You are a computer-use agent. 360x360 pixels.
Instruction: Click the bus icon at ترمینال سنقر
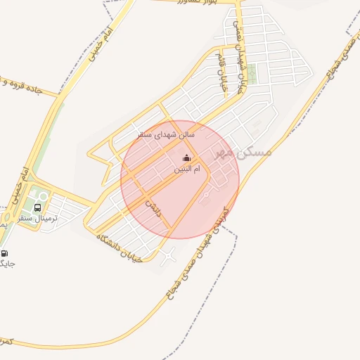click(37, 208)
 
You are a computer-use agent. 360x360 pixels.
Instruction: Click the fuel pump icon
click(5, 253)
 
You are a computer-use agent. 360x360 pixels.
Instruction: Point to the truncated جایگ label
click(7, 264)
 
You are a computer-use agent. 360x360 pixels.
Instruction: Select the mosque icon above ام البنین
click(186, 158)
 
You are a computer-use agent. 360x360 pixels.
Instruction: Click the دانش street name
click(154, 207)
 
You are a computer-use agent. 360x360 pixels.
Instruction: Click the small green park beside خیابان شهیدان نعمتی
click(252, 73)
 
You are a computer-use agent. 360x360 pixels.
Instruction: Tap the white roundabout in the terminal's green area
click(44, 196)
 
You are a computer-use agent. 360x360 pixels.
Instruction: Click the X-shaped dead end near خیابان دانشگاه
click(166, 259)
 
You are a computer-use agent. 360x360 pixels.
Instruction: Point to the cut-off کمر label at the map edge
click(6, 342)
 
